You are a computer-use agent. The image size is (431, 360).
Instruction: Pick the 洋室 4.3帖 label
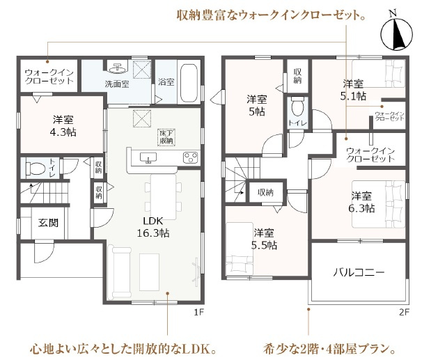point(63,125)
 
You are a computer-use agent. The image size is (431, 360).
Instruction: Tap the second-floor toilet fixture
point(297,109)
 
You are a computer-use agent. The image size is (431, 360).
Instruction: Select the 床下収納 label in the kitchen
point(166,137)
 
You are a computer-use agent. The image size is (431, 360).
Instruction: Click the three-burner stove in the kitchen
point(191,158)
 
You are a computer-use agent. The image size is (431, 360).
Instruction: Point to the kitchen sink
point(148,158)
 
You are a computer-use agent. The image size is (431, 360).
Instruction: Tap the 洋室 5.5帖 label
point(265,239)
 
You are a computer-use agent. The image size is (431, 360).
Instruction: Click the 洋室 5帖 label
point(256,105)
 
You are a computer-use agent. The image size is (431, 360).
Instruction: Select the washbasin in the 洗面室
point(117,68)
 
